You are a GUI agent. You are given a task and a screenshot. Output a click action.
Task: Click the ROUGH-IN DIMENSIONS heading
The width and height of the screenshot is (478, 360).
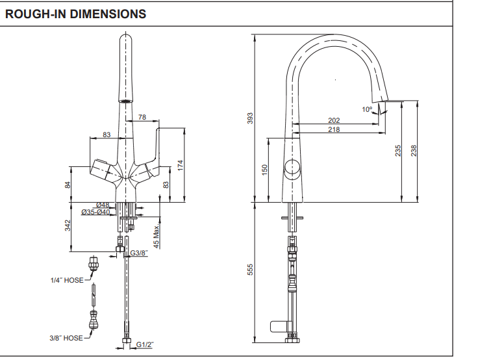click(x=75, y=14)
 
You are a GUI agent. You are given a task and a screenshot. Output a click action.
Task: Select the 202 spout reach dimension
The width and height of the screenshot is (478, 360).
click(x=334, y=120)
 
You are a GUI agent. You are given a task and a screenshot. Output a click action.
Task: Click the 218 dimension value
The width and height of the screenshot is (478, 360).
click(x=334, y=129)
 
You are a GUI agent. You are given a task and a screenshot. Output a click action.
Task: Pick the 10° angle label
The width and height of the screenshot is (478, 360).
click(x=368, y=109)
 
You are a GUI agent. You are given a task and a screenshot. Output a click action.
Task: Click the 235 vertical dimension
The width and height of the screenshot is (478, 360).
click(x=398, y=151)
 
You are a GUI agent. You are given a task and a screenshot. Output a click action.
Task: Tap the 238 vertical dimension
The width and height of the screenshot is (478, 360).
click(x=414, y=151)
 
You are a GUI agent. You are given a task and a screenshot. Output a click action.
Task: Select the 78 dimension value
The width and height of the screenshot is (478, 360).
click(x=142, y=118)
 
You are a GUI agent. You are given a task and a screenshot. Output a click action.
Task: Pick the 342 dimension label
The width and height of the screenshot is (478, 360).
click(x=67, y=225)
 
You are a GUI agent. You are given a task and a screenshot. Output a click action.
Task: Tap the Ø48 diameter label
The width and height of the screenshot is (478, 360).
click(x=103, y=205)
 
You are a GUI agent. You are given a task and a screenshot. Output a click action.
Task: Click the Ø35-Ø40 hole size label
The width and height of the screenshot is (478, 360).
click(x=95, y=212)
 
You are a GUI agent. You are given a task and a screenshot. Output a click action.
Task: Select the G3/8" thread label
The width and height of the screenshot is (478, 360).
click(x=140, y=253)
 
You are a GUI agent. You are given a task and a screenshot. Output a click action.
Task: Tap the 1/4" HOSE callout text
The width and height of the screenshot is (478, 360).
click(x=66, y=281)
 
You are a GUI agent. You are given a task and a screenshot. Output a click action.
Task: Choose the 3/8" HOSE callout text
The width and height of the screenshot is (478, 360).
click(x=66, y=338)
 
